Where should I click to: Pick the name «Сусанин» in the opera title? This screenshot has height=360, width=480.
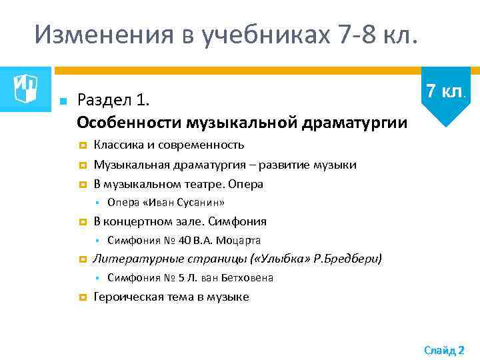pos(199,203)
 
